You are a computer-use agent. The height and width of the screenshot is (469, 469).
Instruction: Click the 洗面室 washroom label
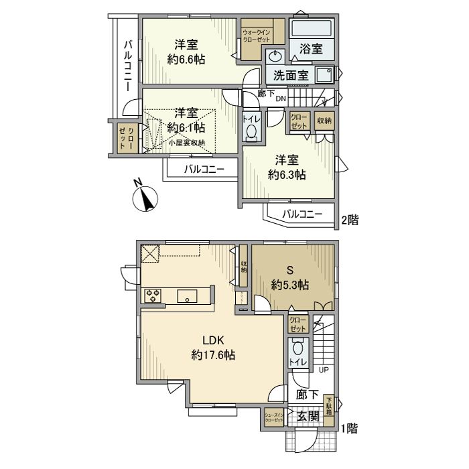pyautogui.click(x=291, y=75)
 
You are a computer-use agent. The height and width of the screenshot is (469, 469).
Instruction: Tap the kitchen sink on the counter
pyautogui.click(x=186, y=295)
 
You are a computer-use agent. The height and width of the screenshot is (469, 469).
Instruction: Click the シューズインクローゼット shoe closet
pyautogui.click(x=275, y=417)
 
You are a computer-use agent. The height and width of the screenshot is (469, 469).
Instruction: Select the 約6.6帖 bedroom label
pyautogui.click(x=186, y=52)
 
